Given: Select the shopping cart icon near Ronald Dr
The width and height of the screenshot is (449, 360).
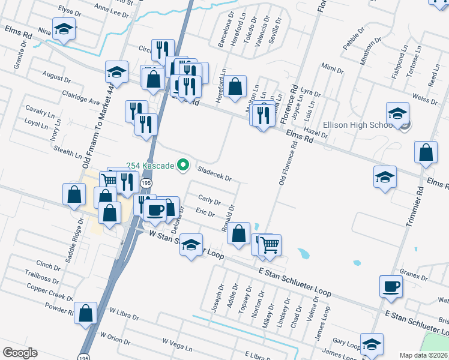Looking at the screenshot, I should click(270, 244).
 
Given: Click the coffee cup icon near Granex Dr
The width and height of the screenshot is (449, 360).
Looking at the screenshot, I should click(391, 286).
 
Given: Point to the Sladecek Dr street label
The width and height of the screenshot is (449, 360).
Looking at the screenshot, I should click(214, 174).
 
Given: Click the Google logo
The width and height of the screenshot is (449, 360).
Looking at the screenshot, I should click(20, 353).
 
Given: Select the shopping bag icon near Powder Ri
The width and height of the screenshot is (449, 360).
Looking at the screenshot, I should click(85, 313).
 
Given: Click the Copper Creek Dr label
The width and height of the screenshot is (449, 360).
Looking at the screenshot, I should click(50, 292).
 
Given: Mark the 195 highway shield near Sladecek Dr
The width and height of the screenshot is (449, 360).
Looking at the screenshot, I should click(146, 182).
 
